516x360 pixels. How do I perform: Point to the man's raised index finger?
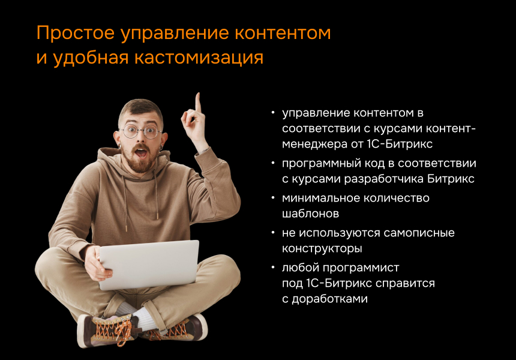(x=197, y=102)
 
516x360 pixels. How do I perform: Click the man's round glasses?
(x=141, y=131)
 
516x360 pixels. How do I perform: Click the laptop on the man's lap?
(x=148, y=264)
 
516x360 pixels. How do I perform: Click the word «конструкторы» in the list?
(x=322, y=248)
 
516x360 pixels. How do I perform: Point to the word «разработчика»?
(x=386, y=179)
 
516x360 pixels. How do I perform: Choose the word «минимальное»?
(x=319, y=198)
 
